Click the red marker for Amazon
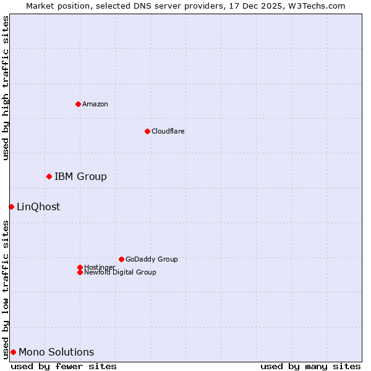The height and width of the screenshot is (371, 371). (x=78, y=104)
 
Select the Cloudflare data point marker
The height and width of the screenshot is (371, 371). (x=147, y=131)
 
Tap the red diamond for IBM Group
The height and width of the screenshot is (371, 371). (x=49, y=176)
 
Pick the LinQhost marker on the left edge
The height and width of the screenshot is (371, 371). (x=11, y=207)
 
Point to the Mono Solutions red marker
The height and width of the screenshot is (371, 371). (x=13, y=352)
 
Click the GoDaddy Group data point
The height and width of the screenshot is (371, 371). (x=121, y=259)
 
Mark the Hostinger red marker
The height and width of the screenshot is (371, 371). (x=80, y=267)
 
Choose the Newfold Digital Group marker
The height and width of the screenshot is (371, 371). (x=80, y=272)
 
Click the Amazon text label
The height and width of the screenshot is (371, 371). (x=95, y=104)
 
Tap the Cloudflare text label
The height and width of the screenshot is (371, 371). (x=168, y=131)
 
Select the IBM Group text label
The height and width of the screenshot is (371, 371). (x=80, y=176)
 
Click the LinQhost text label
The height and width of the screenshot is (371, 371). (x=38, y=207)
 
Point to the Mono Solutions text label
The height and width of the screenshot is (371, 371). (x=56, y=352)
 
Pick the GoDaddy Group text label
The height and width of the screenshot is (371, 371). (x=151, y=259)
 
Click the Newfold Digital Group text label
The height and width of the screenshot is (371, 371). (x=120, y=272)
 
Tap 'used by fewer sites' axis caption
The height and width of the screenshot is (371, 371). (x=64, y=366)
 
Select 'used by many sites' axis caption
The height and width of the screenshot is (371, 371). (x=310, y=366)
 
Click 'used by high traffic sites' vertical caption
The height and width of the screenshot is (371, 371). (x=6, y=88)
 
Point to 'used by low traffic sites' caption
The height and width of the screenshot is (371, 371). (x=6, y=289)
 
